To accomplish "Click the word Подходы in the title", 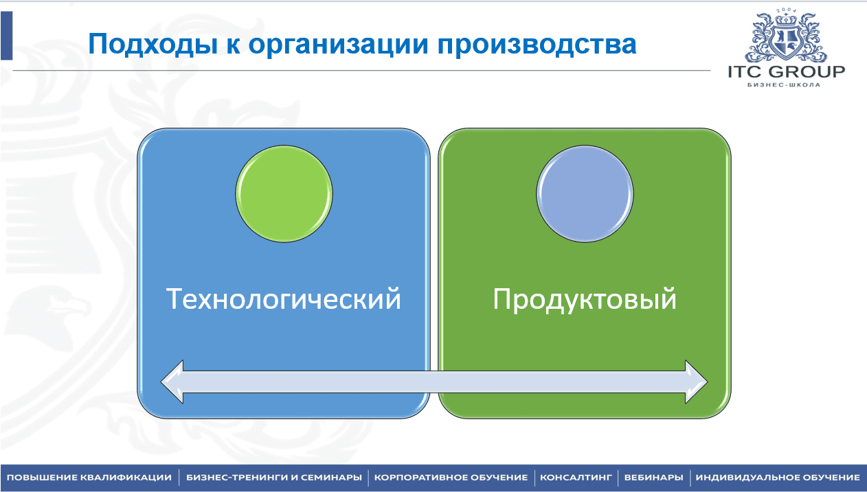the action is coord(153,45).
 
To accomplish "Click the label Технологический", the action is coord(283,298).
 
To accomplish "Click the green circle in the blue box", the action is coord(284,194).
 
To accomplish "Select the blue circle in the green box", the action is coord(585,194).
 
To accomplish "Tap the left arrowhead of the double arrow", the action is coord(172,382).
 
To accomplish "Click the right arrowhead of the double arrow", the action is coord(697,382).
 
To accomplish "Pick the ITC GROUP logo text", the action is coord(786,72).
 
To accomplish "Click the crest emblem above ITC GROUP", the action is coord(786,36).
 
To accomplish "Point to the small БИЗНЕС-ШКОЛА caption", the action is coord(784,85).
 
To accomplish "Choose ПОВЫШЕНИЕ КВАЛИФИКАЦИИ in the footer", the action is coord(89,478).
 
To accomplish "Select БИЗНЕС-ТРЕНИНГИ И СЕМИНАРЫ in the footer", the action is coord(274,478).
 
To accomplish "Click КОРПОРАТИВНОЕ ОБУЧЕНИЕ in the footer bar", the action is coord(451,478).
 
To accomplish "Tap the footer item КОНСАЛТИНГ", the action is coord(576,478).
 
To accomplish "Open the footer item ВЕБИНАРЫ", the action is coord(654,478).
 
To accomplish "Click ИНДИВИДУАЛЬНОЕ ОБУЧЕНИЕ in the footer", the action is coord(778,478).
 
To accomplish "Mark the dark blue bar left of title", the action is coord(7,36).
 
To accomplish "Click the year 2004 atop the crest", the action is coord(786,10).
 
